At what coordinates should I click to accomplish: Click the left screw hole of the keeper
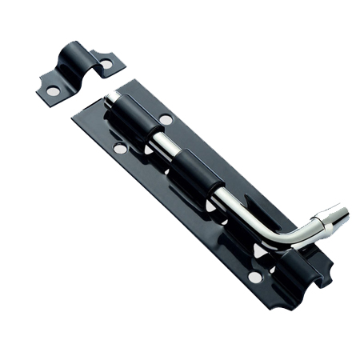(52, 91)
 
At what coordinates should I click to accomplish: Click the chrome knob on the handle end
(330, 218)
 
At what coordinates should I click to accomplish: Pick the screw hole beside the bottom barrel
(254, 277)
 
